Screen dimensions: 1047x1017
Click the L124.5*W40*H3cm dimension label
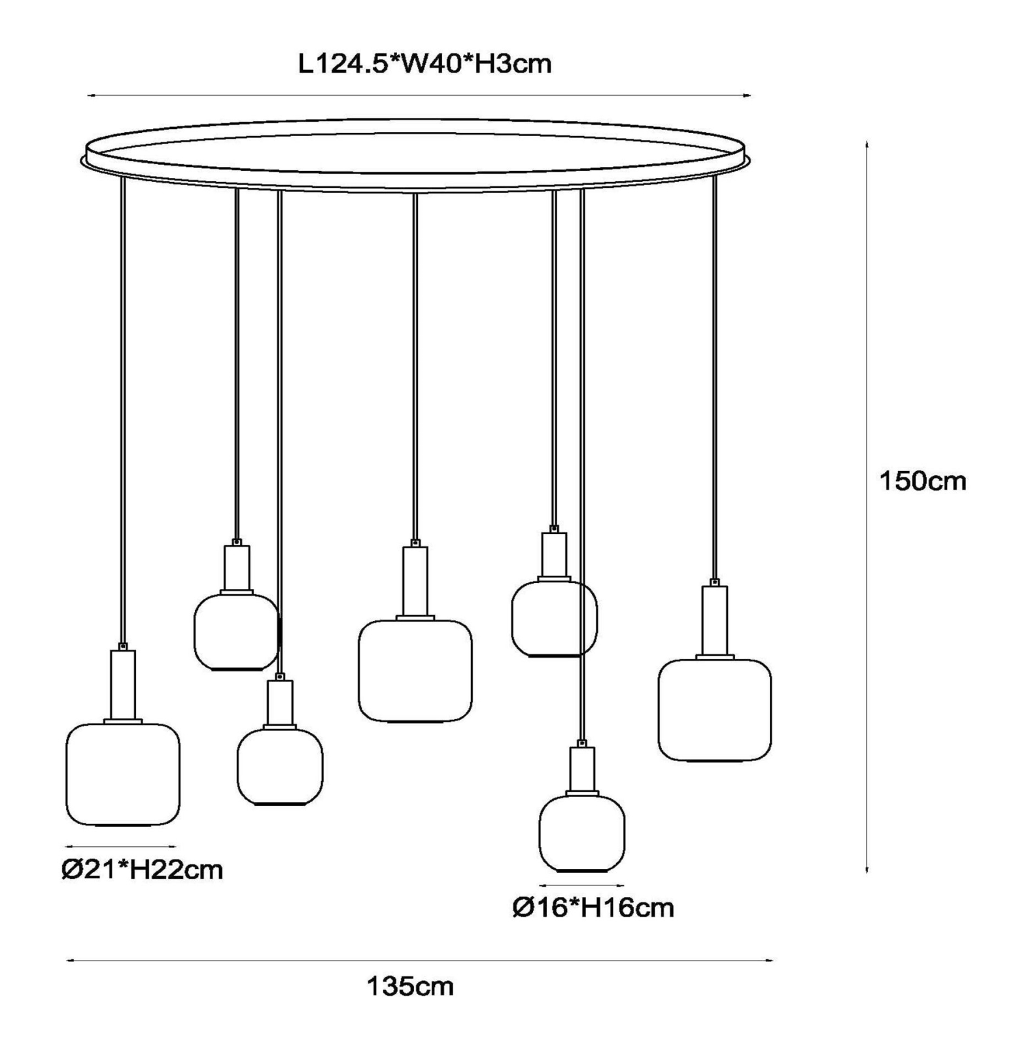click(424, 64)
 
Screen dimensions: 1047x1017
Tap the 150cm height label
click(922, 481)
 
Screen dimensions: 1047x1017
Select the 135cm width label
click(409, 985)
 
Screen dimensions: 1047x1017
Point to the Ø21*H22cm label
click(142, 870)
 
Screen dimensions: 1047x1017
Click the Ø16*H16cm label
click(593, 908)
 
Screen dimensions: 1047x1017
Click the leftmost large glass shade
click(123, 774)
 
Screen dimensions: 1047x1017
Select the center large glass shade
click(415, 671)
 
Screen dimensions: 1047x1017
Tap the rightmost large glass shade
click(715, 710)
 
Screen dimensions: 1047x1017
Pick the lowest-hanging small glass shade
click(581, 833)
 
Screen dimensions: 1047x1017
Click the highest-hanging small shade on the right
click(554, 618)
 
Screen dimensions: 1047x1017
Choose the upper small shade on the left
click(236, 632)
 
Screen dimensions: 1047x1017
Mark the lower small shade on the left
click(280, 766)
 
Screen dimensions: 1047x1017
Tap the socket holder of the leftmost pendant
click(123, 684)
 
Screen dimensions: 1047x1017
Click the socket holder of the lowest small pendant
click(581, 769)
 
